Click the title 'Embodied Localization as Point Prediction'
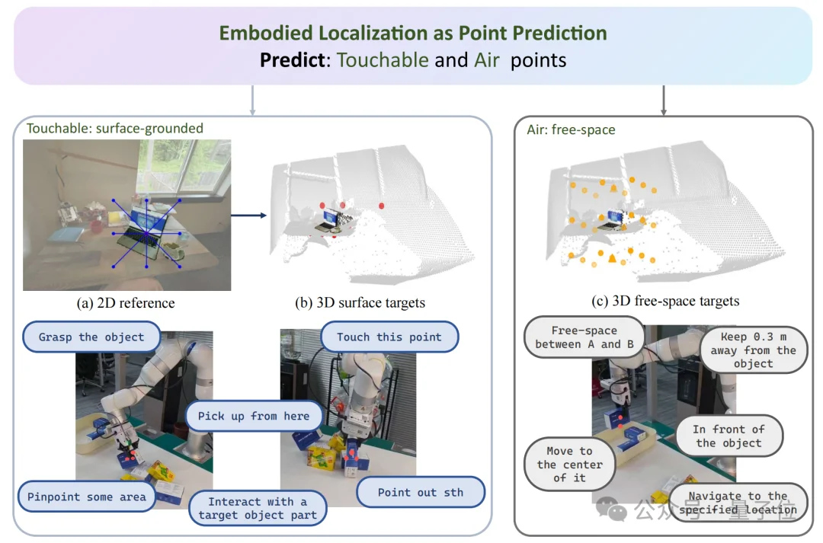pos(412,33)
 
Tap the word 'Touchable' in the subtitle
pos(383,60)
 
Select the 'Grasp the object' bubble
pos(91,337)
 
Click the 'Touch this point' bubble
pos(389,337)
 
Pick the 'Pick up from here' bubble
pos(254,416)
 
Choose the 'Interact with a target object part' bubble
pos(258,508)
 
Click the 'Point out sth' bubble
pos(421,492)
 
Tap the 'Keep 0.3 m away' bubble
pos(753,350)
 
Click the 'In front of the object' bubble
pos(729,436)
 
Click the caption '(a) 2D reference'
pos(126,303)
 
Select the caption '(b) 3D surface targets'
pos(360,303)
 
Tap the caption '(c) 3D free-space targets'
pos(665,301)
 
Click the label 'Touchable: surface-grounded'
pos(115,128)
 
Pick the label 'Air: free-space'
pos(571,129)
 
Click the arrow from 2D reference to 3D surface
pos(248,216)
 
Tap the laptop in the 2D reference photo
pos(146,222)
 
